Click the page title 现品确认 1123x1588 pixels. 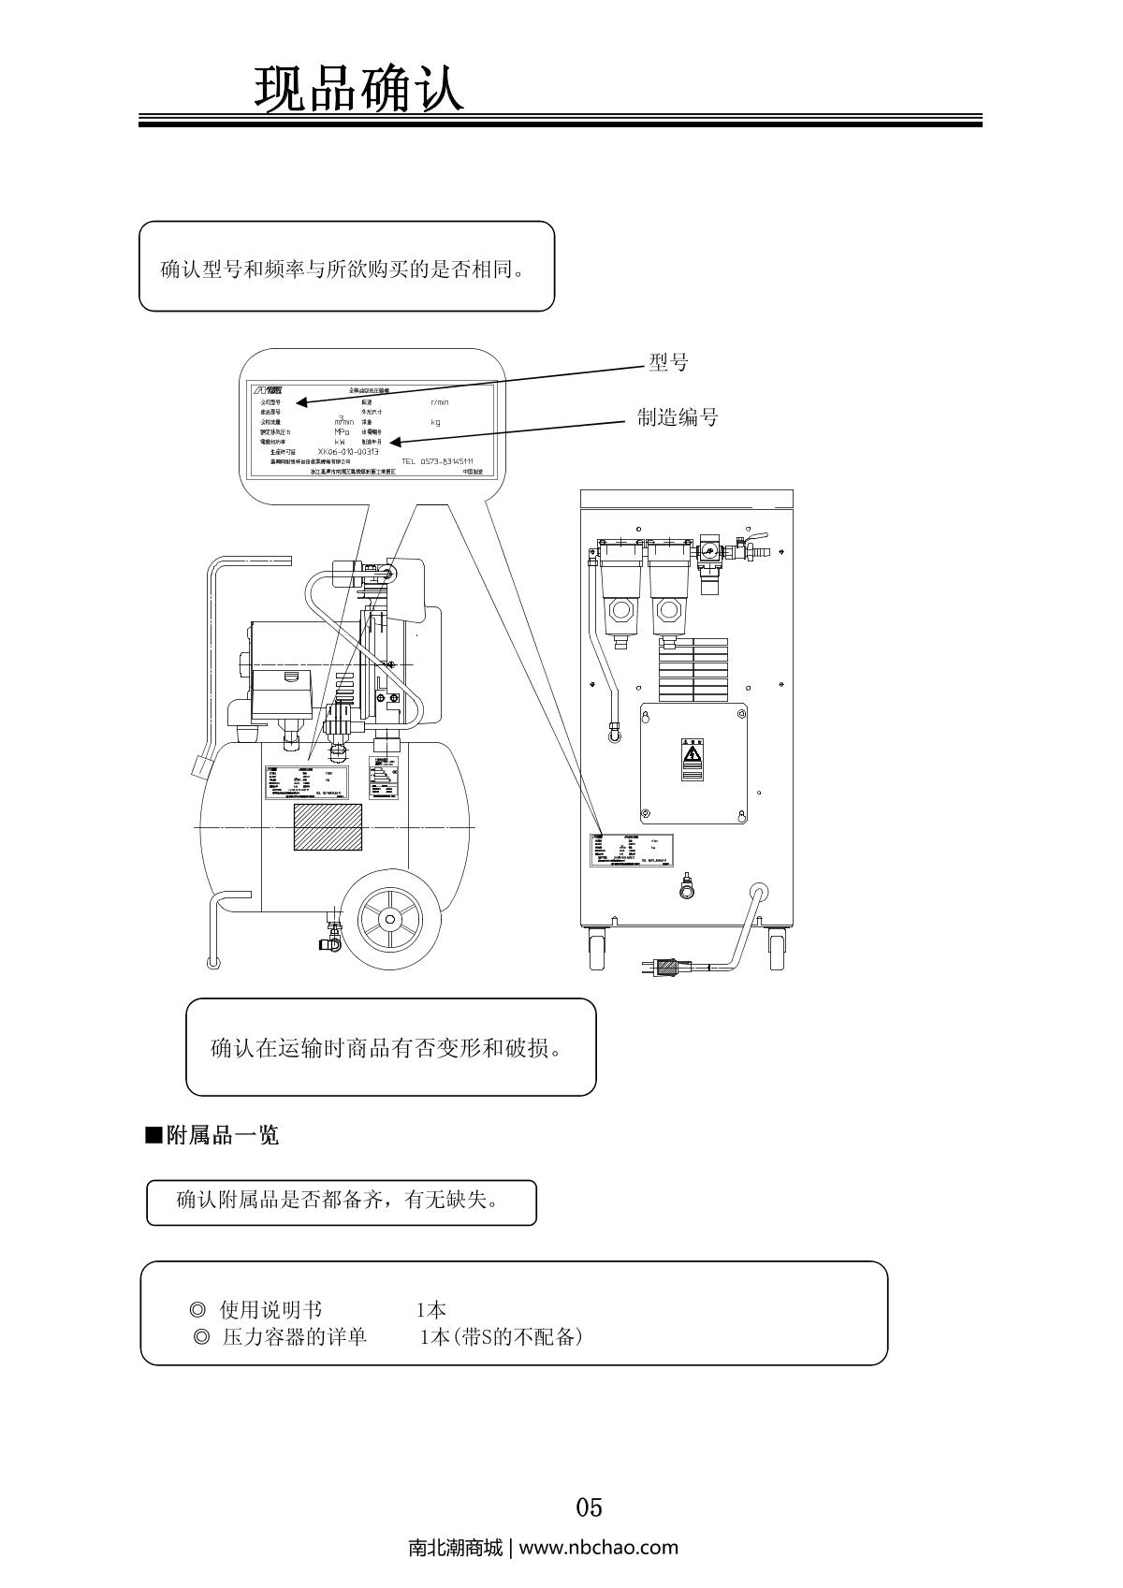point(359,90)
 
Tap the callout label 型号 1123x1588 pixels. point(668,363)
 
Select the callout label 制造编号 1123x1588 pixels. point(678,417)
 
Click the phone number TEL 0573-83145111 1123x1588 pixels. point(437,461)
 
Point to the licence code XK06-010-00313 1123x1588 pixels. point(348,451)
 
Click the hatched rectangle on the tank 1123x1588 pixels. point(328,826)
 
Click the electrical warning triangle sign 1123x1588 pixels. point(693,753)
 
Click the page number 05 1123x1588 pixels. point(589,1508)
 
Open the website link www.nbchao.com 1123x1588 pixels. point(598,1547)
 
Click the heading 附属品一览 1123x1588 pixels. point(222,1136)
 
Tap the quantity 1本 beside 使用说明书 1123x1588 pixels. point(430,1310)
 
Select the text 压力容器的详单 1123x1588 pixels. point(294,1337)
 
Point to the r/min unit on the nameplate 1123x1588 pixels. point(439,402)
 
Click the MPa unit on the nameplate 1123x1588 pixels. point(342,431)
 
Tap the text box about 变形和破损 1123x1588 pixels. point(390,1047)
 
